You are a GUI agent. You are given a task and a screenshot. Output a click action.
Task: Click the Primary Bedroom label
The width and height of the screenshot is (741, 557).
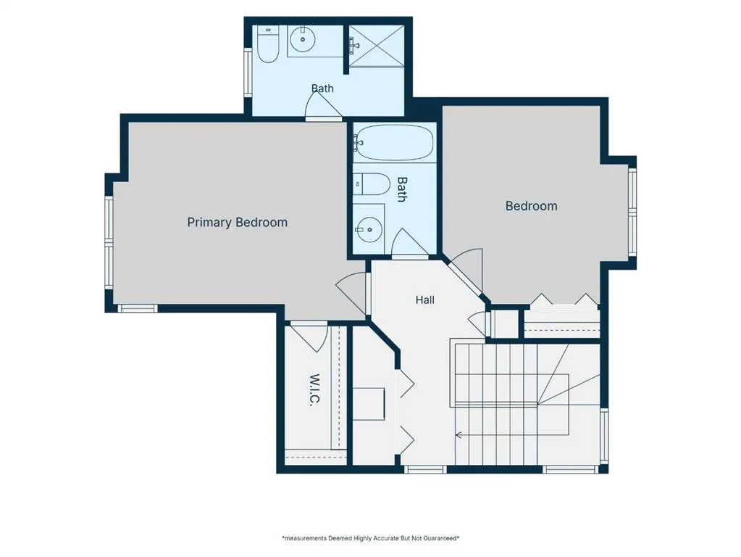click(x=238, y=223)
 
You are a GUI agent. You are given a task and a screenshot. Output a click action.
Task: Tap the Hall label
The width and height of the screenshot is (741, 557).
click(x=425, y=300)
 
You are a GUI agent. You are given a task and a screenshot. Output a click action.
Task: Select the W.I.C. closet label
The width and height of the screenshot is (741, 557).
click(x=315, y=390)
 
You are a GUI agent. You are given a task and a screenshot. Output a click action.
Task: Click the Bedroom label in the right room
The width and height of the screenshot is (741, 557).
click(x=531, y=206)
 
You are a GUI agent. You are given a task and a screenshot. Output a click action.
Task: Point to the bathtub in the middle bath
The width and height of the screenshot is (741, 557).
click(x=393, y=142)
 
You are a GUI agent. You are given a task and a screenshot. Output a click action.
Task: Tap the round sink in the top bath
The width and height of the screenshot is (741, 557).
click(x=303, y=39)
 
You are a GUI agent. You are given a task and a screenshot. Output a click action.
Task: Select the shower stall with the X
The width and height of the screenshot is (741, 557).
click(x=376, y=46)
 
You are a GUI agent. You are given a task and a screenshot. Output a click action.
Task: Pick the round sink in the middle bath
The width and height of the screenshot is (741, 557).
click(x=369, y=230)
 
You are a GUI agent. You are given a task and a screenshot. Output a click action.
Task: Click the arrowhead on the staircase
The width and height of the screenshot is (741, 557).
click(x=458, y=435)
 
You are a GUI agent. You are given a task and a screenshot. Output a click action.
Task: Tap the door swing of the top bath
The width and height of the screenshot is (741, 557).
click(x=323, y=106)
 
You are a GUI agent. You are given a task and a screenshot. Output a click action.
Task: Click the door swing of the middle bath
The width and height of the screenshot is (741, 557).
click(x=410, y=243)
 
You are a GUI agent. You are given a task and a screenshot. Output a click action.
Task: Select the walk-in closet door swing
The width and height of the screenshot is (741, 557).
click(x=309, y=337)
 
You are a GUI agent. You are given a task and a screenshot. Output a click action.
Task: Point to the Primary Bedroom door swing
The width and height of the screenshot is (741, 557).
click(x=351, y=295)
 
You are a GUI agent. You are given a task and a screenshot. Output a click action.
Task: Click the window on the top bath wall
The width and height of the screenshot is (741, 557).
click(x=248, y=72)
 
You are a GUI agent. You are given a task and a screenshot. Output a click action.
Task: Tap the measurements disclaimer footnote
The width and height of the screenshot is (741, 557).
click(x=371, y=538)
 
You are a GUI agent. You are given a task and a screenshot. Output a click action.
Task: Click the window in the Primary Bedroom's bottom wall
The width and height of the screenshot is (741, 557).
click(x=137, y=308)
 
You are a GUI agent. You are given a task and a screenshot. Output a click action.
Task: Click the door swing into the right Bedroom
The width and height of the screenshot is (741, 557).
click(x=466, y=271)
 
